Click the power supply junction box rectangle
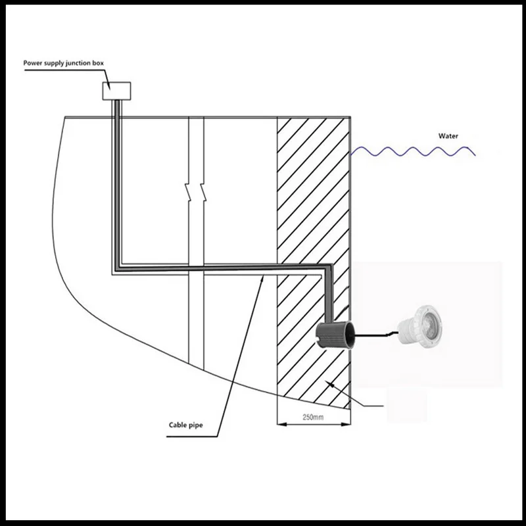(x=117, y=90)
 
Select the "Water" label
(x=448, y=136)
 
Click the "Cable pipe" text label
(x=185, y=425)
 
